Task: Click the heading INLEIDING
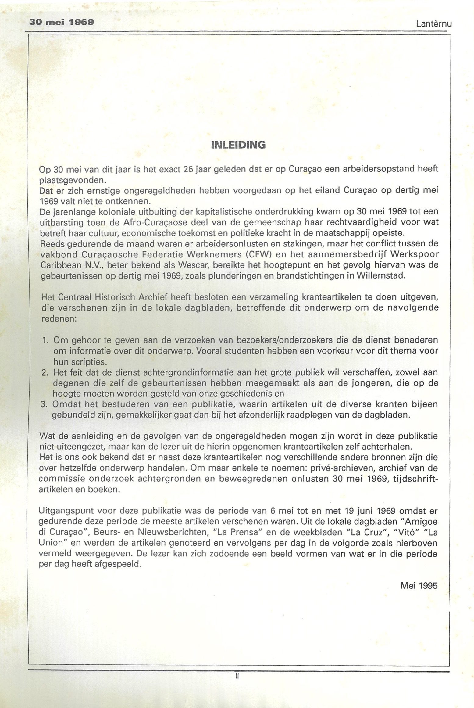click(x=238, y=145)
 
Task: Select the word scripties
click(x=80, y=362)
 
